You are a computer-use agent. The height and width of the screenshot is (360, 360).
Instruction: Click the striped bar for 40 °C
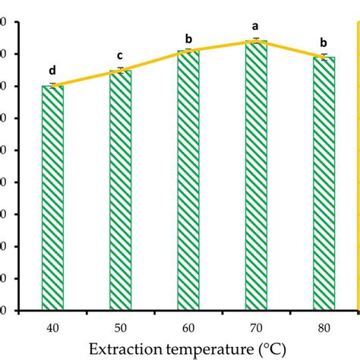click(x=52, y=197)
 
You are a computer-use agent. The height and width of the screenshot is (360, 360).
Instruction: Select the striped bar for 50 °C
click(x=120, y=190)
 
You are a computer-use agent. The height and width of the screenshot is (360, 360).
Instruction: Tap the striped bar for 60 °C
click(x=188, y=180)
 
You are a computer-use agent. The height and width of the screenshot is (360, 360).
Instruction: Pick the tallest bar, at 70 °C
click(x=256, y=175)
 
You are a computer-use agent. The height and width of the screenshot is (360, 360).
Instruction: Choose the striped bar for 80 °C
click(x=324, y=183)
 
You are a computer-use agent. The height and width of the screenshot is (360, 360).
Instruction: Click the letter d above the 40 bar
click(x=52, y=71)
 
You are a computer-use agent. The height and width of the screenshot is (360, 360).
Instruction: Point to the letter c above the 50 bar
click(x=120, y=55)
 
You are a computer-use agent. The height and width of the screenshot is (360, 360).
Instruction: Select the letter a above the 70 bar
click(x=256, y=26)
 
